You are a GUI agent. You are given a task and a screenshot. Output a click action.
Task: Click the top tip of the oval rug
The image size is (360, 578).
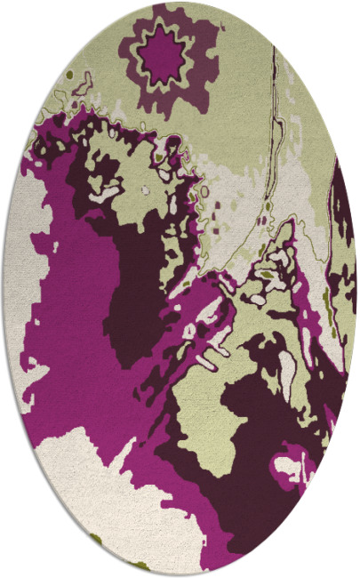click(178, 3)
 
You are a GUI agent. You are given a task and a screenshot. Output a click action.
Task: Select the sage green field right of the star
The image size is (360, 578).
click(240, 98)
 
